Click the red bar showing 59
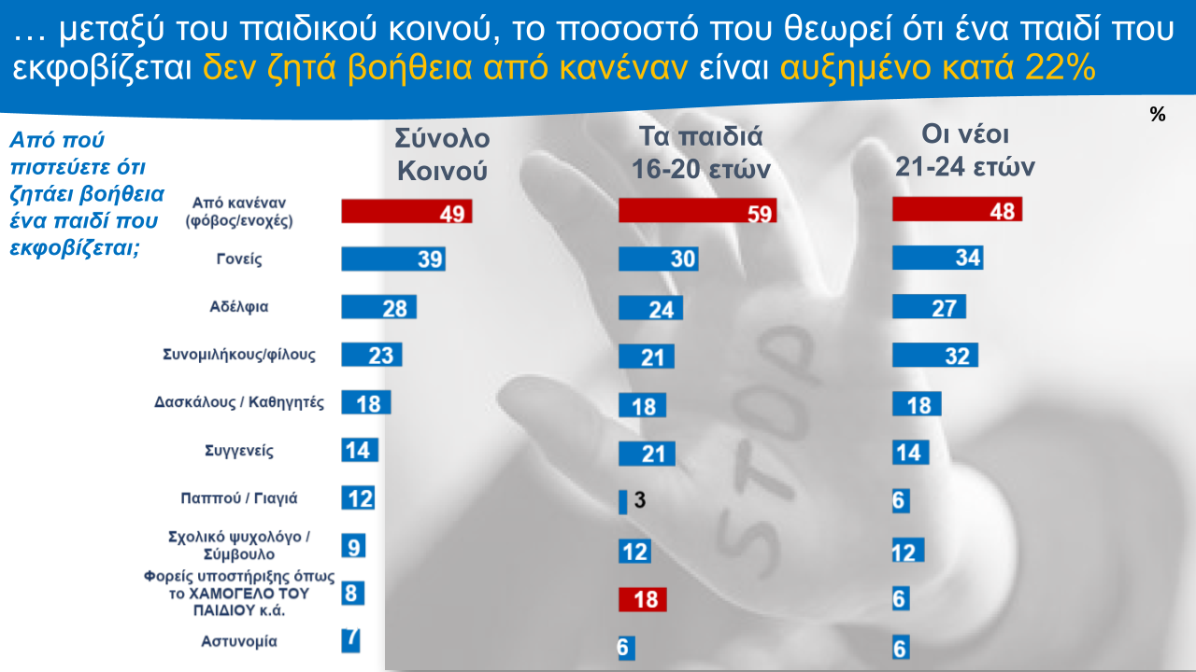point(697,211)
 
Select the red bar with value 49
point(406,212)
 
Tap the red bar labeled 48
point(957,209)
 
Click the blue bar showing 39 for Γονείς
point(392,259)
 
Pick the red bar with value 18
point(642,599)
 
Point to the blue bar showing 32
point(934,355)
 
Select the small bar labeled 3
point(623,501)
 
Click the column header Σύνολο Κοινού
point(442,154)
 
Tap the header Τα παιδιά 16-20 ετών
point(701,153)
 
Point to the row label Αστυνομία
point(239,641)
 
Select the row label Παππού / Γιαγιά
point(239,497)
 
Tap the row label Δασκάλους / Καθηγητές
point(239,403)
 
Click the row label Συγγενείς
point(239,451)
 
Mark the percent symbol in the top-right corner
point(1158,115)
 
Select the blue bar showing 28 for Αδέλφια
point(378,307)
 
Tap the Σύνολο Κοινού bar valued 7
point(350,639)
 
